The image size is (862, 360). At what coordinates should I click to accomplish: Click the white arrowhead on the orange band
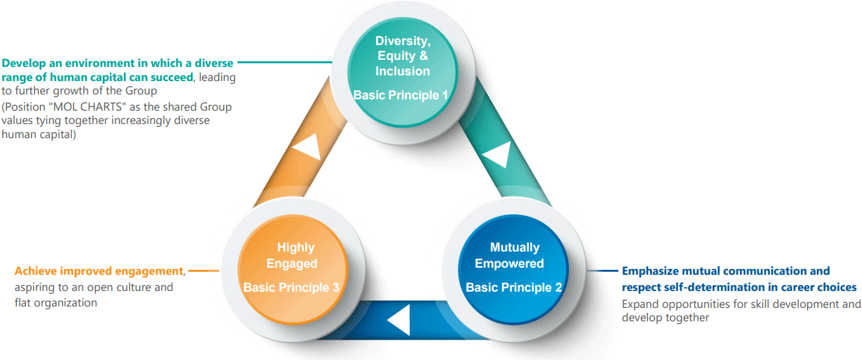(x=308, y=147)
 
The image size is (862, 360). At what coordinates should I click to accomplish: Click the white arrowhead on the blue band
(x=399, y=320)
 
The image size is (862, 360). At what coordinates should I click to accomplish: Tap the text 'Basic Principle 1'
(x=401, y=95)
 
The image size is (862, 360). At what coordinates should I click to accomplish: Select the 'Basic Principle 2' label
(x=513, y=287)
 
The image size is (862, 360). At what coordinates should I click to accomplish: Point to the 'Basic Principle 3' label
(x=292, y=287)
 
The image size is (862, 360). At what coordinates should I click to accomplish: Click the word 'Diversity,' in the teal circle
(x=403, y=41)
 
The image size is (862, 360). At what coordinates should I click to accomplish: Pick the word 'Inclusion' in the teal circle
(x=403, y=71)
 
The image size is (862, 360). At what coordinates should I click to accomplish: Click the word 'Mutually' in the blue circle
(x=515, y=247)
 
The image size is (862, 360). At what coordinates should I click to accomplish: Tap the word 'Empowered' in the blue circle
(x=509, y=263)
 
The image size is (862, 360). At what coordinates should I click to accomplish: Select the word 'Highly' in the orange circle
(x=296, y=247)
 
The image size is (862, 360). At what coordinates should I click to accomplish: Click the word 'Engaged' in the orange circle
(x=292, y=263)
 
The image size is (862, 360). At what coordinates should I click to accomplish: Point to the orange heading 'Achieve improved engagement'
(x=99, y=271)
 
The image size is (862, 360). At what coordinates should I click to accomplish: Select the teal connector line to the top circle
(x=285, y=62)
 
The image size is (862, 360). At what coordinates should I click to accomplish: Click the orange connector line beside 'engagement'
(x=204, y=271)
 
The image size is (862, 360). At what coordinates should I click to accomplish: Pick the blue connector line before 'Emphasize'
(x=602, y=271)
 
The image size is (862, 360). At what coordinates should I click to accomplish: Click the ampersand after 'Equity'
(x=424, y=56)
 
